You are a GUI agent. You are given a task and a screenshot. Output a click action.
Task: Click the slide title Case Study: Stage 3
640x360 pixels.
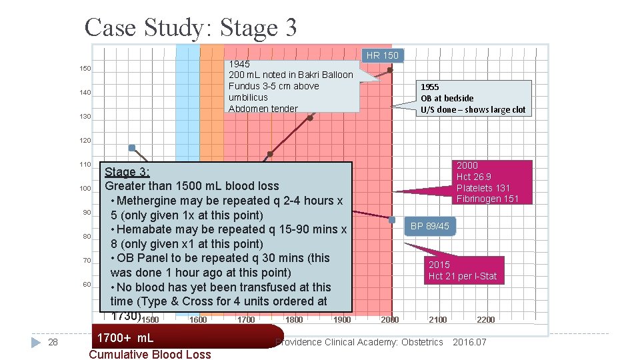[x=191, y=27]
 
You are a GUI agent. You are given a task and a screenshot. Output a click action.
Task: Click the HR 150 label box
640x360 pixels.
[x=382, y=55]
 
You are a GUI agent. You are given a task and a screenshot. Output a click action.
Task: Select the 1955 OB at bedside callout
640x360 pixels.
[x=473, y=98]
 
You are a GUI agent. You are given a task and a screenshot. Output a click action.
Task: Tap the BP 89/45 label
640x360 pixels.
[x=430, y=226]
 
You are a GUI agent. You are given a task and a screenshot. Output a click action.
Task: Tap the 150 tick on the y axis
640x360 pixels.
[x=85, y=69]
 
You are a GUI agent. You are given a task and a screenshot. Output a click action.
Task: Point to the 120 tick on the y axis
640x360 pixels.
[x=85, y=141]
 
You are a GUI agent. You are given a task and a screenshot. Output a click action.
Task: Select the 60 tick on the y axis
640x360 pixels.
[x=87, y=285]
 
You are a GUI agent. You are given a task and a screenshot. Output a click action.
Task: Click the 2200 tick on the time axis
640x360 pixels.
[x=485, y=320]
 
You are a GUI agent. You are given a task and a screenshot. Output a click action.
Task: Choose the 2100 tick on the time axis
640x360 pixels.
[x=437, y=320]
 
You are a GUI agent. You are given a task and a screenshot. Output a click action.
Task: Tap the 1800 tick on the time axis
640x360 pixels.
[x=294, y=320]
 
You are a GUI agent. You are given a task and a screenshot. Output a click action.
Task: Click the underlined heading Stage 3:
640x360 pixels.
[x=127, y=172]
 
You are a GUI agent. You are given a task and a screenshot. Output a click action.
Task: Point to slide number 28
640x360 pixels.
[x=54, y=342]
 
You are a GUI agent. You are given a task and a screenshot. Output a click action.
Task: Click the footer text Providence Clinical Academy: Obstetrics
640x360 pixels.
[x=360, y=342]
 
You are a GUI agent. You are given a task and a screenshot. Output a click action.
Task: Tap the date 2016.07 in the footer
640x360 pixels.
[x=469, y=342]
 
